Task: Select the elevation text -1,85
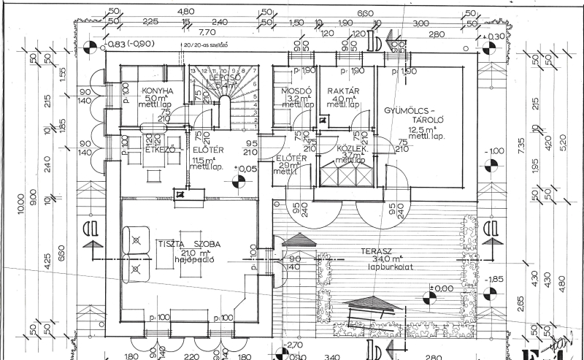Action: coord(496,280)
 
